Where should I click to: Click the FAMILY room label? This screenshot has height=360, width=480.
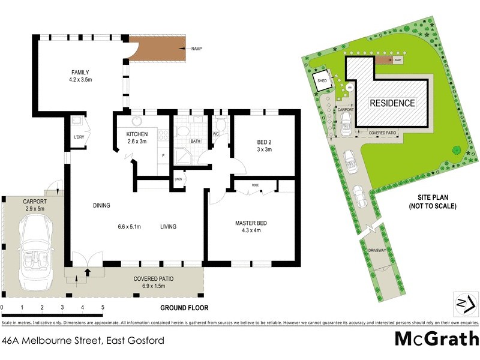click(80, 76)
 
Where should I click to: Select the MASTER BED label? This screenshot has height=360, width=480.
click(251, 227)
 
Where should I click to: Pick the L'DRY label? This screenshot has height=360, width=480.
click(79, 137)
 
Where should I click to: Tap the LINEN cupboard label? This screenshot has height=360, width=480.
click(178, 179)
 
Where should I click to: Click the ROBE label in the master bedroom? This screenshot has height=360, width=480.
click(254, 185)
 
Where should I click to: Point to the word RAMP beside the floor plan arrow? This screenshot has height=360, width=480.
click(196, 49)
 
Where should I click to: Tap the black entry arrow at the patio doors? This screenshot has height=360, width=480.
click(88, 272)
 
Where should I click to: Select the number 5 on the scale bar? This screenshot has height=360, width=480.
click(103, 307)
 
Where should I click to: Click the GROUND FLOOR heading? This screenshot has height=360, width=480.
click(184, 308)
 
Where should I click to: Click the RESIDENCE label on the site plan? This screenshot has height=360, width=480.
click(392, 103)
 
